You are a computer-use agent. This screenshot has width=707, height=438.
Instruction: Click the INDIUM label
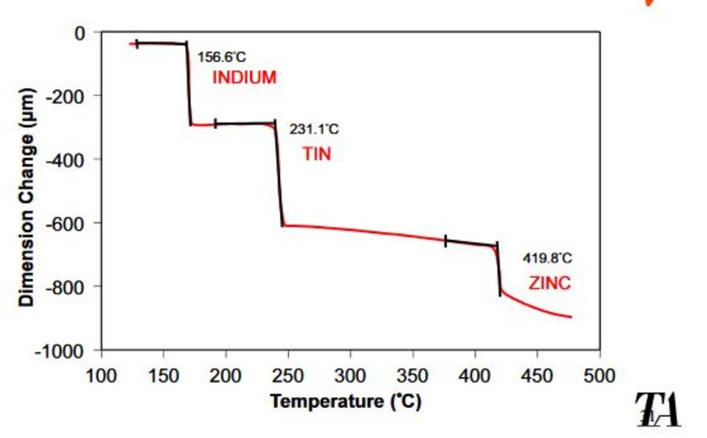(244, 78)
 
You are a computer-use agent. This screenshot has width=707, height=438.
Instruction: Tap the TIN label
(317, 154)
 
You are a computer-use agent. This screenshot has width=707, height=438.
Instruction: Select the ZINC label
(550, 283)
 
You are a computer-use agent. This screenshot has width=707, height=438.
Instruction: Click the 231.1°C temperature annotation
(314, 130)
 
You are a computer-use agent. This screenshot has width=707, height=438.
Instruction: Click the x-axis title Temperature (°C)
(346, 401)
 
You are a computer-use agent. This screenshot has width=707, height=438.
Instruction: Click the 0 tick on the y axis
(80, 33)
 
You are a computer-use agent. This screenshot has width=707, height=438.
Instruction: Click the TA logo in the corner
(658, 409)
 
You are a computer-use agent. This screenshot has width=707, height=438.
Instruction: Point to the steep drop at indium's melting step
(188, 84)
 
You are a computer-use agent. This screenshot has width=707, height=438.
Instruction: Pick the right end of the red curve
(571, 317)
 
